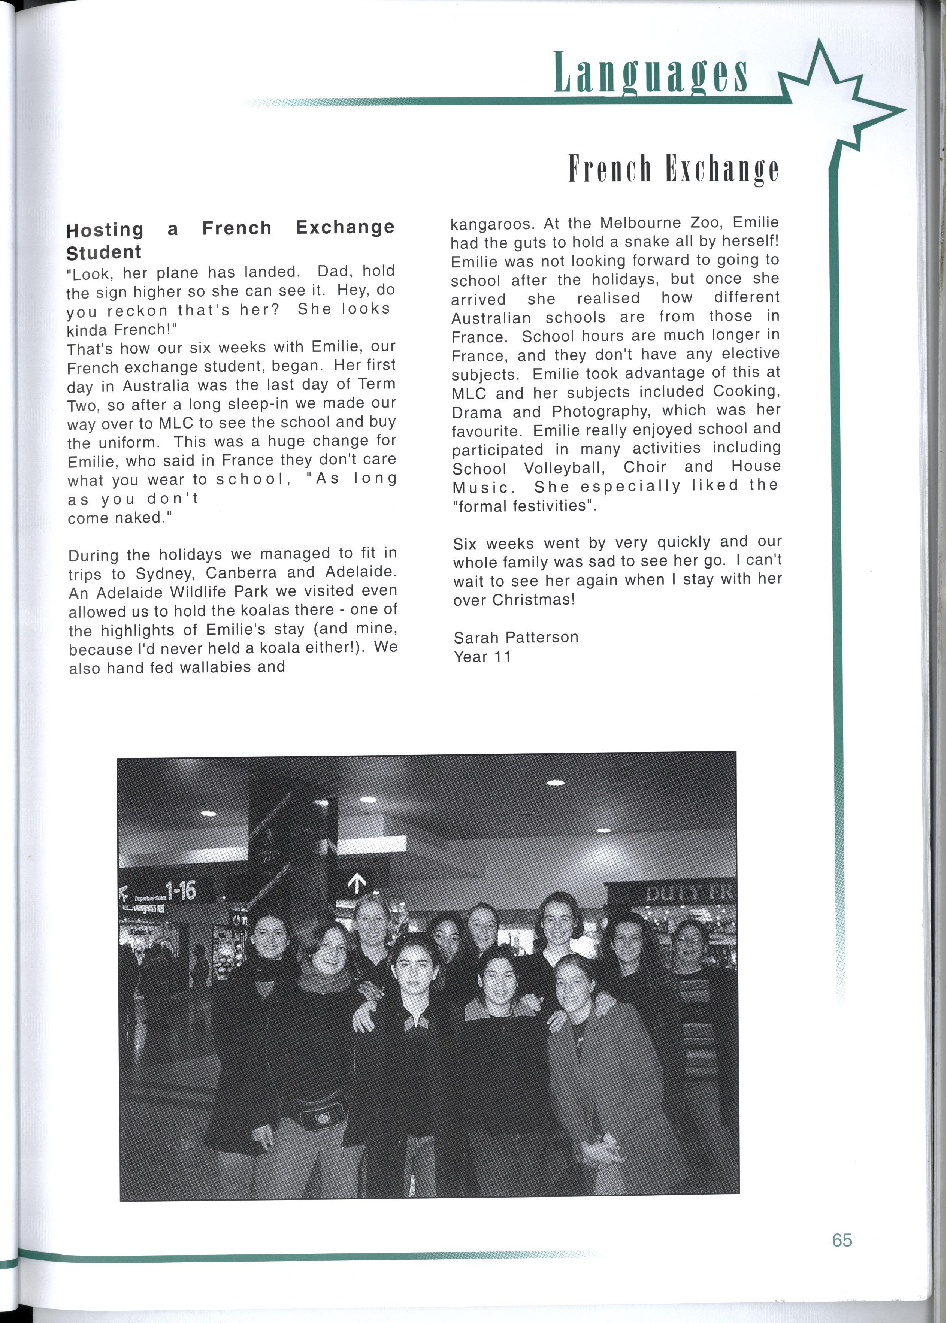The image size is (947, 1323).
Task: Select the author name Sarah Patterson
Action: [x=515, y=637]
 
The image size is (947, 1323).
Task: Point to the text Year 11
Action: [x=482, y=657]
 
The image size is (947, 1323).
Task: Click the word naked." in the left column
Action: [x=140, y=518]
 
